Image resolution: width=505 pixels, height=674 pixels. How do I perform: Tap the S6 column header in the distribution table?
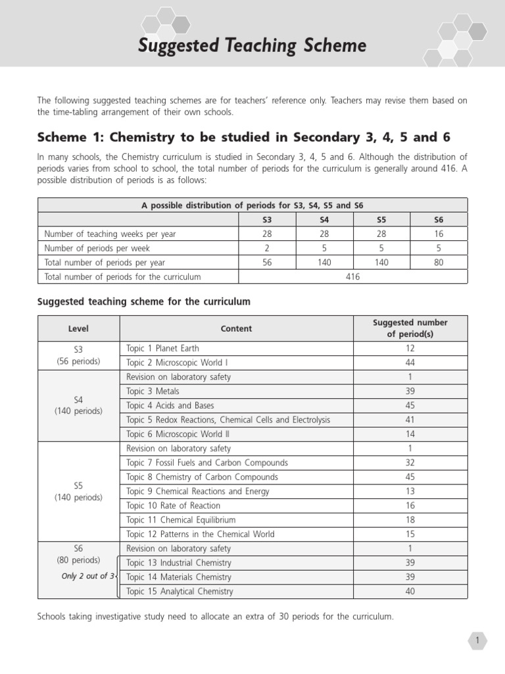click(x=439, y=220)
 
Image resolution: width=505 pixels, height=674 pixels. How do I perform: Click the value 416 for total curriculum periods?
click(x=352, y=277)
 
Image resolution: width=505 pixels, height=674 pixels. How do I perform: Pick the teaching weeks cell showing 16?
click(x=439, y=234)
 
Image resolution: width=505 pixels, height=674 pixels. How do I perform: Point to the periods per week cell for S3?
click(x=266, y=248)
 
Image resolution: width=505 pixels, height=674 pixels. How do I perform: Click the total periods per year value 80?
click(x=439, y=263)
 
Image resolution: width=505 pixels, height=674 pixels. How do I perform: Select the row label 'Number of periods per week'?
click(x=97, y=248)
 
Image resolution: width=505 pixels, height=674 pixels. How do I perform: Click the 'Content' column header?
click(x=236, y=328)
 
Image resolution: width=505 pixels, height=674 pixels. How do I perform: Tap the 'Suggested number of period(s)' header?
click(x=410, y=328)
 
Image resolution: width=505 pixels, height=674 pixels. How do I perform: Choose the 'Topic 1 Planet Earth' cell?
click(x=163, y=348)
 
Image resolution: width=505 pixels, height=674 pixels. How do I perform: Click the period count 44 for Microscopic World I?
click(x=410, y=363)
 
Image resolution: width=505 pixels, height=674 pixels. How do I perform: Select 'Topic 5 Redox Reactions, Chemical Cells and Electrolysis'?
click(x=228, y=420)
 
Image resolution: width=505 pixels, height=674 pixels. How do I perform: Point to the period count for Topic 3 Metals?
click(x=410, y=392)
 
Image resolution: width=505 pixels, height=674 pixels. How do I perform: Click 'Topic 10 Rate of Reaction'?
click(x=174, y=505)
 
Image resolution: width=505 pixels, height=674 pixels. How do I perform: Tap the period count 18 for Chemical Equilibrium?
click(x=410, y=520)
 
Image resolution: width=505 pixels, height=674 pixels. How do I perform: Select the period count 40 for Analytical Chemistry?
click(x=410, y=591)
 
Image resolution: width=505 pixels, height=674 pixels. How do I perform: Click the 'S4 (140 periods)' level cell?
click(x=78, y=405)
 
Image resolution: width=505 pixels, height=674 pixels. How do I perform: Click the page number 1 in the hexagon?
click(x=477, y=640)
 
